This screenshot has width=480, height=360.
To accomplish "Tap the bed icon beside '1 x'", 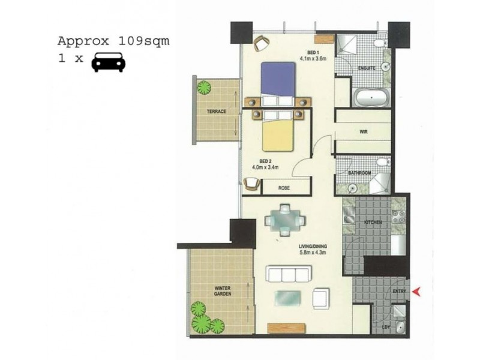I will point(108,62).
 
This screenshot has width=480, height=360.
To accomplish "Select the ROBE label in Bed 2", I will point(284,188).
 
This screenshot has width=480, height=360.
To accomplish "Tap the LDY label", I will point(386,326).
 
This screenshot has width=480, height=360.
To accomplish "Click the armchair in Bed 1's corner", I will point(260,43).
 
